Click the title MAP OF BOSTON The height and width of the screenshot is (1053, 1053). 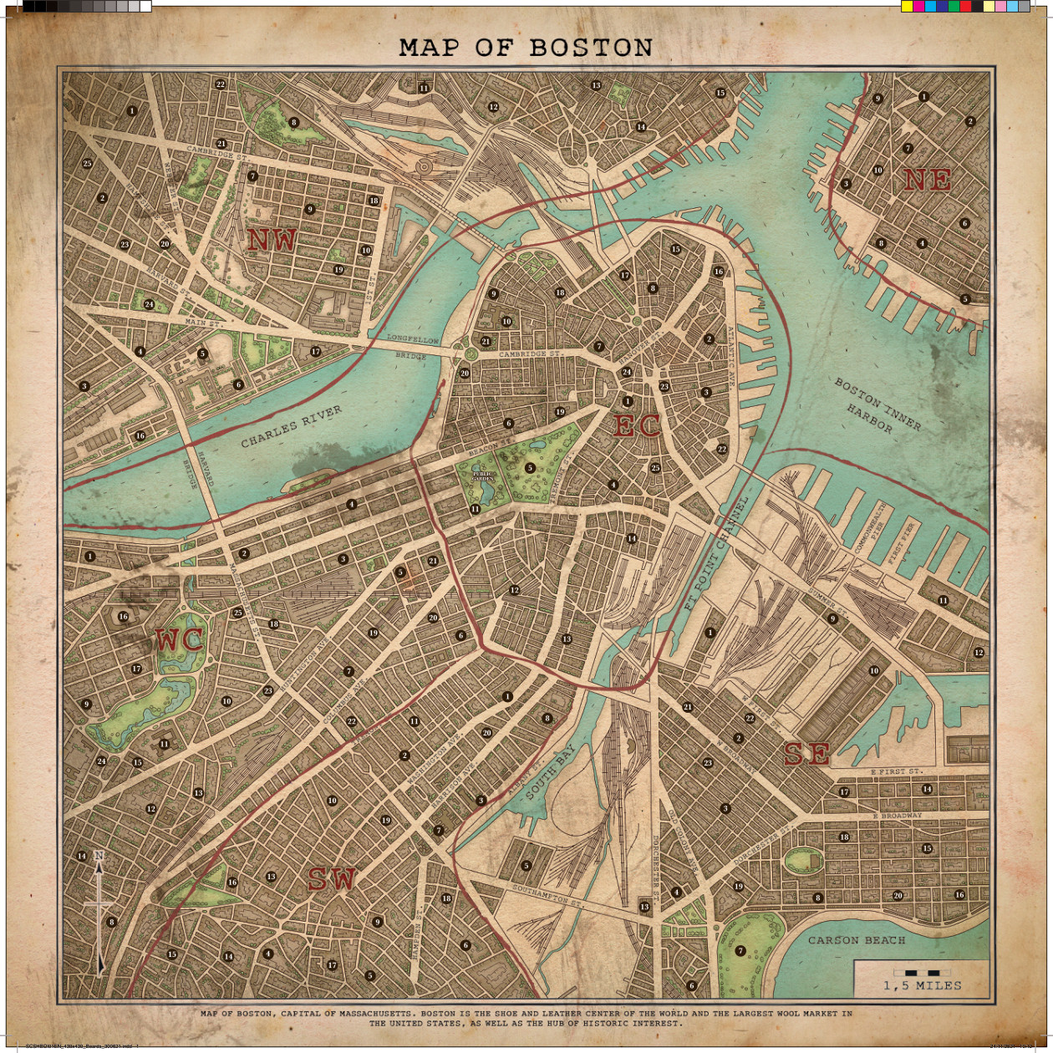526,48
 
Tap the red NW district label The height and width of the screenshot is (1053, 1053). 272,241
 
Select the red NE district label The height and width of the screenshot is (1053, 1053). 927,180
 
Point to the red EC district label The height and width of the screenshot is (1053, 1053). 637,426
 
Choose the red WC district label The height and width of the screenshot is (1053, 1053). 180,641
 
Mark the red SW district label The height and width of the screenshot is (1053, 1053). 332,879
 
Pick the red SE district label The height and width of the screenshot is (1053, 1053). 807,754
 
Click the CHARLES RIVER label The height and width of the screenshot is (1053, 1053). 291,426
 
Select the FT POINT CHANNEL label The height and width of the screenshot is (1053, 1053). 715,554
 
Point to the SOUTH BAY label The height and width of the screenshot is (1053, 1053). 552,772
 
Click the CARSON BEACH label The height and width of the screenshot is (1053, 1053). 856,940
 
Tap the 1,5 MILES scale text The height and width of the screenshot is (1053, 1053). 922,986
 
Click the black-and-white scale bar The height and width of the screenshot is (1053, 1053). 922,973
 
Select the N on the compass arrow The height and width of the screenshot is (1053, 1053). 99,856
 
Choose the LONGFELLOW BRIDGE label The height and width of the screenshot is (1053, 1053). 412,348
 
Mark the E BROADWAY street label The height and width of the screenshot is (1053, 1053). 898,815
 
